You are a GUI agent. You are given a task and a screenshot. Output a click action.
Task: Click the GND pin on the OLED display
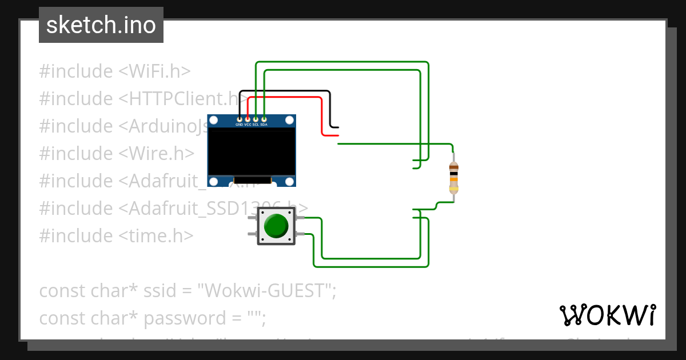[x=240, y=119]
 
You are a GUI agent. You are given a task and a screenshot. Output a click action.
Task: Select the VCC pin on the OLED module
[x=248, y=119]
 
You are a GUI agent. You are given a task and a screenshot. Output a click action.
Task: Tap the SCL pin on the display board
[x=256, y=119]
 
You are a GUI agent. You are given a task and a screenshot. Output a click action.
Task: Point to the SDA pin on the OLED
[x=264, y=119]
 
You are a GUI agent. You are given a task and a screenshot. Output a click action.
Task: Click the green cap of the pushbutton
[x=276, y=226]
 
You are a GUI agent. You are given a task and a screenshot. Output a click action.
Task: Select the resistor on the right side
[x=453, y=177]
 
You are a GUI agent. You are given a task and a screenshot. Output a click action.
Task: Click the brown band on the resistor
[x=453, y=167]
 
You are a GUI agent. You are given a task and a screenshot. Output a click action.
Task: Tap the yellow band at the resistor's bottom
[x=453, y=188]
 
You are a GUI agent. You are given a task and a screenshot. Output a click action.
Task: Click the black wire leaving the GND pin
[x=286, y=91]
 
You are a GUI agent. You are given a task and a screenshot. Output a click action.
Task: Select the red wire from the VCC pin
[x=286, y=98]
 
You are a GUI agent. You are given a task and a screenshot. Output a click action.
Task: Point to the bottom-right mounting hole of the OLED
[x=290, y=181]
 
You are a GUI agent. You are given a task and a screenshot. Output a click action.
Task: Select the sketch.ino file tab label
[x=101, y=25]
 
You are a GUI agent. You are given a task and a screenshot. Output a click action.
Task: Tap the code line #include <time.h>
[x=116, y=236]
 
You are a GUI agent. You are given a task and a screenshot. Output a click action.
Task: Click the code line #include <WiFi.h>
[x=114, y=71]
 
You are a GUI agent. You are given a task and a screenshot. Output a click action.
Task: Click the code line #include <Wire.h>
[x=117, y=154]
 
